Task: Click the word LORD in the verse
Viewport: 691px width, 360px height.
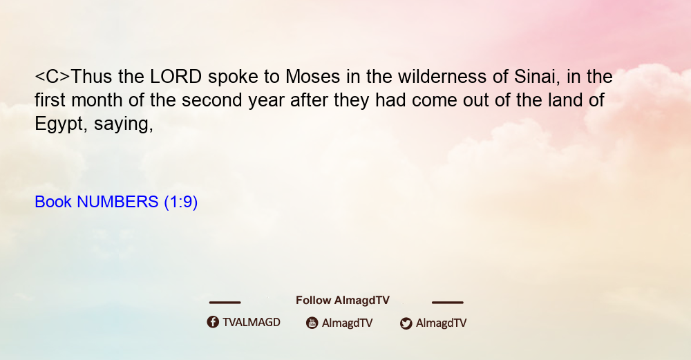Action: click(176, 77)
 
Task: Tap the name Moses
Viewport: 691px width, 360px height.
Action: click(312, 77)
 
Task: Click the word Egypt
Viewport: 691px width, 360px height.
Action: click(57, 124)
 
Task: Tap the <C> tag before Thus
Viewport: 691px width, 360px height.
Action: click(52, 77)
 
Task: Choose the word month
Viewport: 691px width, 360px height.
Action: click(97, 100)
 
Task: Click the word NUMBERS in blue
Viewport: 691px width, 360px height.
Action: click(117, 202)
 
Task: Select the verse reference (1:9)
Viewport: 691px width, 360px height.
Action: click(180, 202)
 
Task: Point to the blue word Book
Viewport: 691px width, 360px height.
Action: click(53, 202)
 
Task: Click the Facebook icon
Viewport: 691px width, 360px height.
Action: click(213, 322)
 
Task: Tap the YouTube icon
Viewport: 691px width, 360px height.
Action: click(312, 323)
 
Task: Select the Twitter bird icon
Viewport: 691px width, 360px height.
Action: click(406, 323)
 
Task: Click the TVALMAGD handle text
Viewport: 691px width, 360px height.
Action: click(252, 322)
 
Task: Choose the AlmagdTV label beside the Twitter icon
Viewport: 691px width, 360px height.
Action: click(441, 323)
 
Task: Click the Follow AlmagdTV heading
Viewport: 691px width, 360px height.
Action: click(343, 301)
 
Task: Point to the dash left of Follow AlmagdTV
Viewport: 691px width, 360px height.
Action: click(225, 302)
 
